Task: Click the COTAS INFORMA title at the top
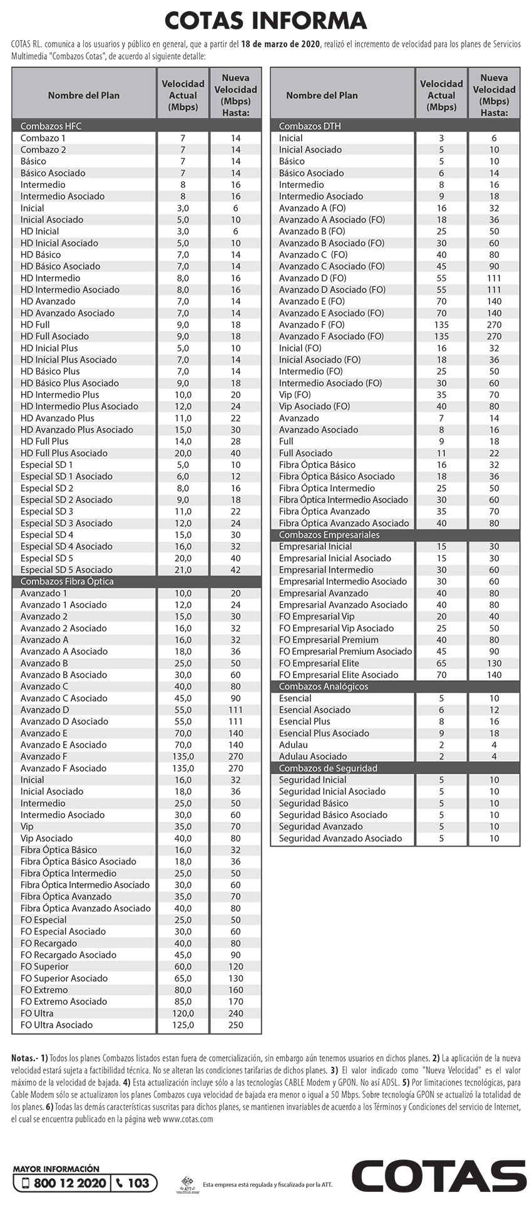[x=265, y=21]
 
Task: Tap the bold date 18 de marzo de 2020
[x=280, y=44]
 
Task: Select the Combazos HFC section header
[x=51, y=126]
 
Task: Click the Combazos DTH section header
[x=309, y=126]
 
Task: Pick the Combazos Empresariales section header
[x=329, y=535]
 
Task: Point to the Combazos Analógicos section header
[x=323, y=686]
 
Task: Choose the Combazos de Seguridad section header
[x=328, y=768]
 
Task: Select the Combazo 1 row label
[x=43, y=138]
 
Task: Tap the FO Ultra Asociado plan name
[x=56, y=1025]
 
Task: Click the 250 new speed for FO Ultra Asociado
[x=235, y=1025]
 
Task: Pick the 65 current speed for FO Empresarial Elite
[x=441, y=663]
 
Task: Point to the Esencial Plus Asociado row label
[x=324, y=733]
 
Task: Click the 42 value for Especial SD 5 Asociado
[x=235, y=570]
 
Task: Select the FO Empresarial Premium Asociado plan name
[x=345, y=651]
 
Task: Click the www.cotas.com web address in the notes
[x=187, y=1119]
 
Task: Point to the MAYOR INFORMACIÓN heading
[x=56, y=1168]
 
